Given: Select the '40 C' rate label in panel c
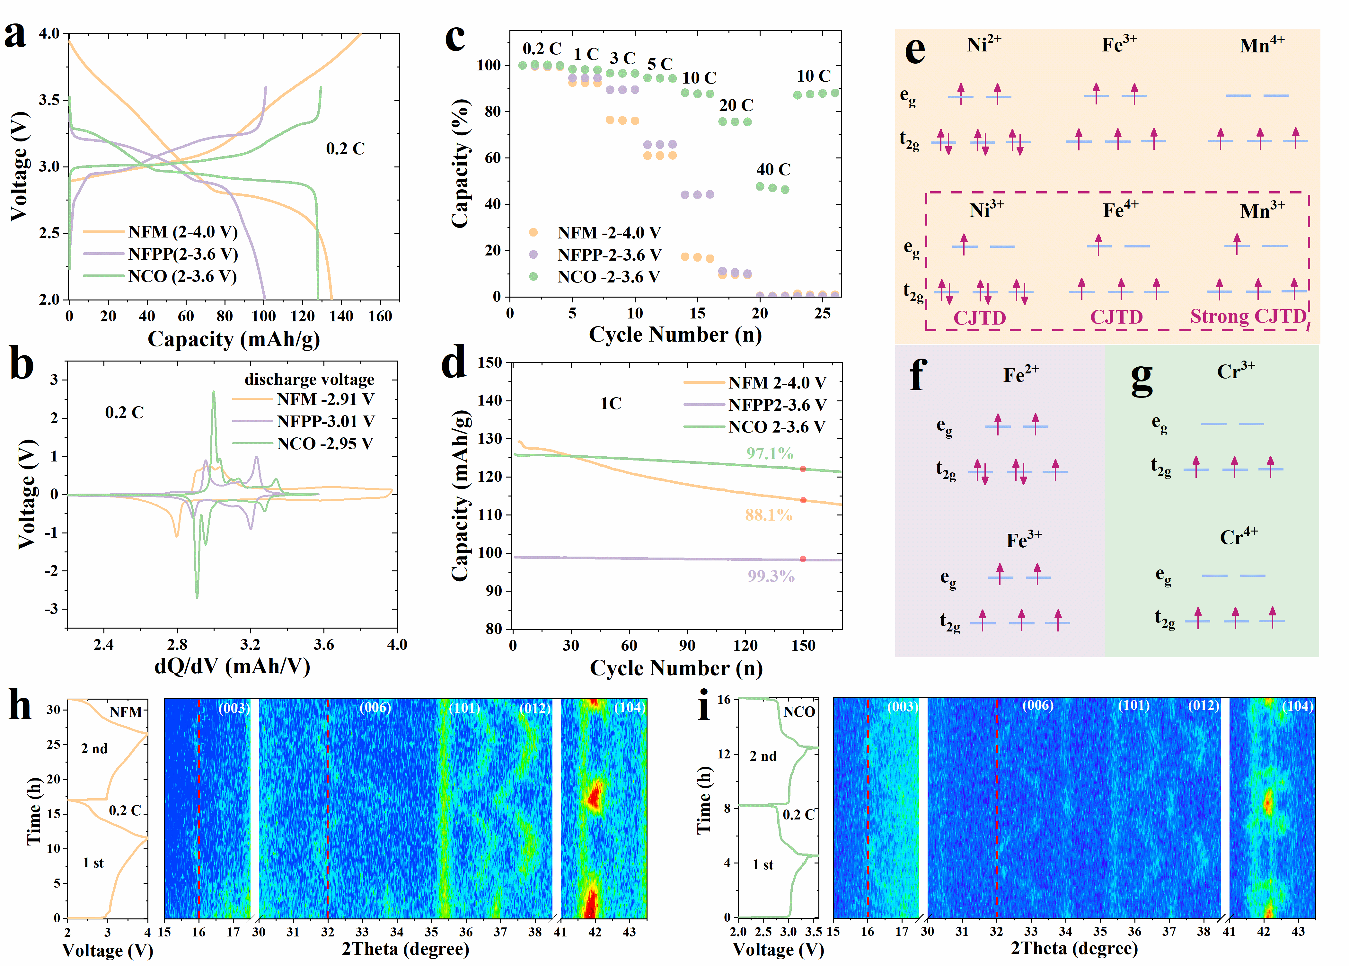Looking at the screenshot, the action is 773,170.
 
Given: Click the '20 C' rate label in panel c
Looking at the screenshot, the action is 736,105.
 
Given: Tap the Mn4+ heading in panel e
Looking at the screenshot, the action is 1262,45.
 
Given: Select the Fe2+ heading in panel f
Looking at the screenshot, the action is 1021,374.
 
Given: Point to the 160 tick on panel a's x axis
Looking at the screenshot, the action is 380,316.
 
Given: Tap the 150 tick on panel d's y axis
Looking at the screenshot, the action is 490,362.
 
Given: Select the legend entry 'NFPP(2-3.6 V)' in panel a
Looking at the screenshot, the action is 183,254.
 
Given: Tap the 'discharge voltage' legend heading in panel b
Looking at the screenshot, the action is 309,380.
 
